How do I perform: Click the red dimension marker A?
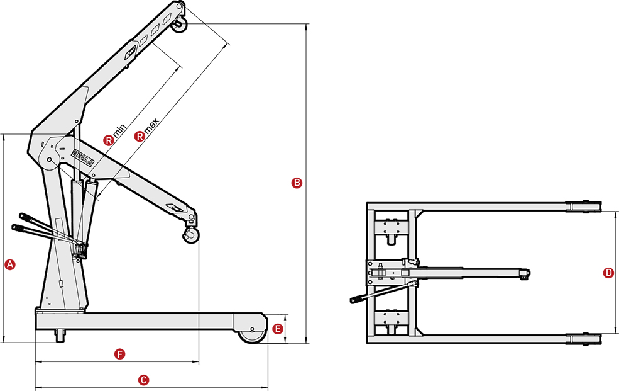9,264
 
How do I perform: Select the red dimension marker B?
297,184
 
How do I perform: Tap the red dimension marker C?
143,380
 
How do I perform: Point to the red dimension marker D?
608,273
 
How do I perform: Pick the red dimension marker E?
278,329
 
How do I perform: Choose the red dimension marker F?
120,354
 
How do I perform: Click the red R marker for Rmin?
109,140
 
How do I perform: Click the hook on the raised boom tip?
180,23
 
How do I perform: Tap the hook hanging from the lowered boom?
191,235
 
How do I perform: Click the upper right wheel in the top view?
584,207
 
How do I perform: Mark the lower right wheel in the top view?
584,339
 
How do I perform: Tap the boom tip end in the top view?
527,273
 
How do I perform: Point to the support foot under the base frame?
61,336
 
